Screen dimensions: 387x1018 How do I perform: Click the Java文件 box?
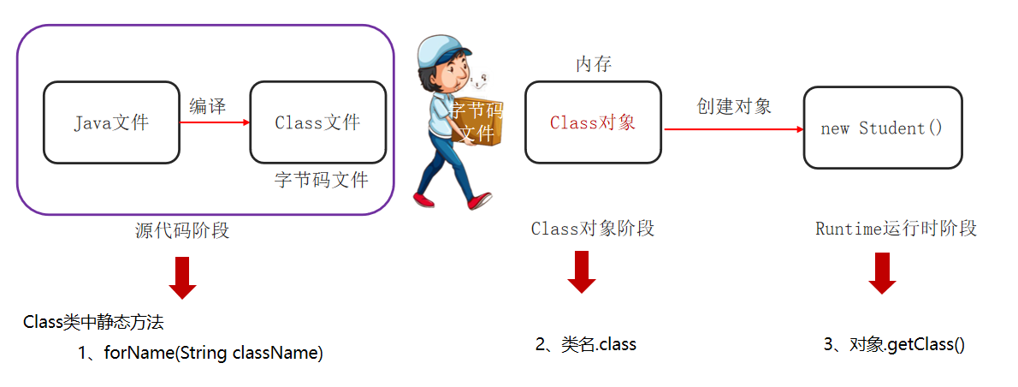coord(111,122)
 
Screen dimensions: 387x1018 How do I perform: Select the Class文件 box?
coord(317,122)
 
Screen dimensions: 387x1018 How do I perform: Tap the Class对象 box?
coord(593,122)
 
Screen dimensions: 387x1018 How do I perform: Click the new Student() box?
coord(881,128)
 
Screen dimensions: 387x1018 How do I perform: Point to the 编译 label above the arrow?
coord(207,106)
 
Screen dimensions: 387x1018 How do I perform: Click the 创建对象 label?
coord(734,106)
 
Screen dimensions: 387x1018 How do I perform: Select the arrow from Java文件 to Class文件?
coord(215,122)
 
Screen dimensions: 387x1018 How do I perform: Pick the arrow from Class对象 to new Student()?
coord(733,129)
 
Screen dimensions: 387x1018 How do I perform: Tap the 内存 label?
coord(593,64)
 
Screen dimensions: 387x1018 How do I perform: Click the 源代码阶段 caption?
coord(182,230)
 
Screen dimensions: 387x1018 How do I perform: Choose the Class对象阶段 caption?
coord(593,229)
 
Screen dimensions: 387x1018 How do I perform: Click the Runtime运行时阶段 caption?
coord(896,229)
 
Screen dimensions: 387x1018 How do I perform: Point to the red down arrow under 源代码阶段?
coord(182,277)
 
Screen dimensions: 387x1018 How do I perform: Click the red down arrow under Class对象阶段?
coord(582,271)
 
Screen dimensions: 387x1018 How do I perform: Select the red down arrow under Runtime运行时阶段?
coord(882,273)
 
